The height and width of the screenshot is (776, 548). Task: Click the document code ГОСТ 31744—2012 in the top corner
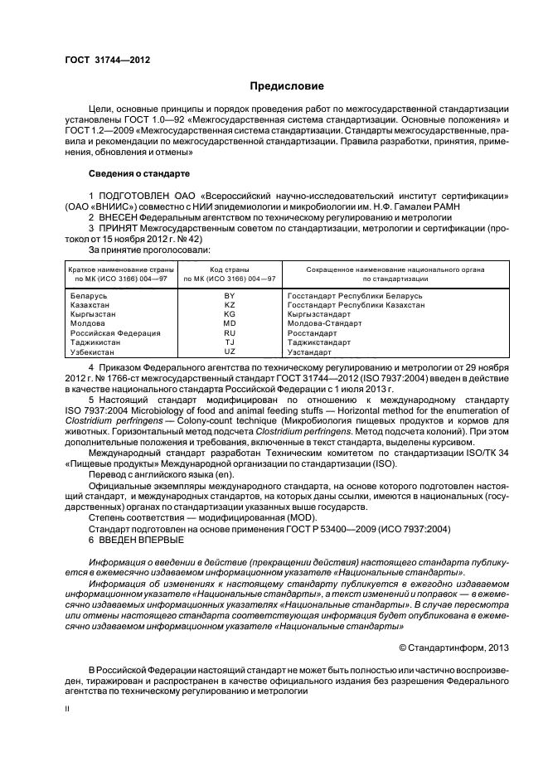point(101,60)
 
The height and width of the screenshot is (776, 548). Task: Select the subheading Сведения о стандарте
point(138,174)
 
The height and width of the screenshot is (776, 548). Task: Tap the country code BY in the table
point(230,296)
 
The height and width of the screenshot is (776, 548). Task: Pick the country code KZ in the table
point(230,305)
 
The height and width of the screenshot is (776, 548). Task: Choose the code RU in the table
point(230,333)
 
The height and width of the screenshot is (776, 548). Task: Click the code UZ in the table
point(230,352)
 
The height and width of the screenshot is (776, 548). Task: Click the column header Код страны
point(230,270)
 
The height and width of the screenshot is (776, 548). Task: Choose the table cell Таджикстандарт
point(317,342)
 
